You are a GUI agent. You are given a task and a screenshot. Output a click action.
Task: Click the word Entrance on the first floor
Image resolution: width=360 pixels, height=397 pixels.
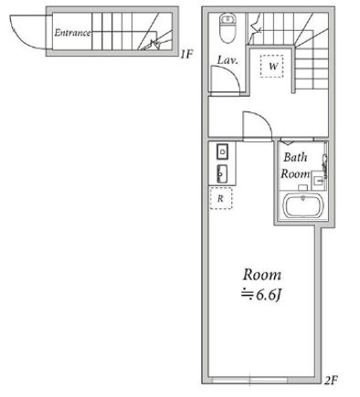(x=72, y=33)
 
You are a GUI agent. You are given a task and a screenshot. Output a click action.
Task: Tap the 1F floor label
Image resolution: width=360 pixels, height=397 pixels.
(x=186, y=54)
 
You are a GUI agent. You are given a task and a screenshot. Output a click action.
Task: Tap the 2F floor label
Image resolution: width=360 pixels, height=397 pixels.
(x=331, y=380)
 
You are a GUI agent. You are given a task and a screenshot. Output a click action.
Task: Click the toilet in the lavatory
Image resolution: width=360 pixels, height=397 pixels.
(x=227, y=27)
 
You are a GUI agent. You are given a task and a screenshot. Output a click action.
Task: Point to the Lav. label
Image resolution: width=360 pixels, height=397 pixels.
(x=228, y=60)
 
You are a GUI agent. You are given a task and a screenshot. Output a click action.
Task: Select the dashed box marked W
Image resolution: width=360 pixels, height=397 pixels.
(x=272, y=66)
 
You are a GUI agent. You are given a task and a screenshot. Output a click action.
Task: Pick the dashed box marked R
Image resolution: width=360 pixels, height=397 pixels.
(x=221, y=198)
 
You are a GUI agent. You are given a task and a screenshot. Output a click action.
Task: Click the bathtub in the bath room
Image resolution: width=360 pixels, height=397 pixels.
(x=302, y=206)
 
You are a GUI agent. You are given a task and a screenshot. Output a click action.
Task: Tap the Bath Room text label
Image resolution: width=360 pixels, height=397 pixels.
(x=295, y=166)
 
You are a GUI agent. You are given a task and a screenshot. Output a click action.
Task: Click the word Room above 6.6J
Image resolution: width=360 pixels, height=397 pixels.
(x=262, y=275)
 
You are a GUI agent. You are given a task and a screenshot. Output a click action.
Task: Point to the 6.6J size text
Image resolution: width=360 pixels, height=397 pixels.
(x=260, y=295)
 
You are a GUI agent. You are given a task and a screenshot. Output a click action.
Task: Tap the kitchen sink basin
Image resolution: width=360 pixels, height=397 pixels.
(x=222, y=174)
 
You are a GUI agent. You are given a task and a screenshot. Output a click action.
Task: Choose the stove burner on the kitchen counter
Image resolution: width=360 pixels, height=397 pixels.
(x=223, y=151)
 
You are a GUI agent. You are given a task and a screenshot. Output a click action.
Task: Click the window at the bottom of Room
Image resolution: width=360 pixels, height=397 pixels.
(x=249, y=380)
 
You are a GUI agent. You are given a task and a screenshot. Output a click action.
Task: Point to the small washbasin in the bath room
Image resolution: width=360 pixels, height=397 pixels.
(x=319, y=181)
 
